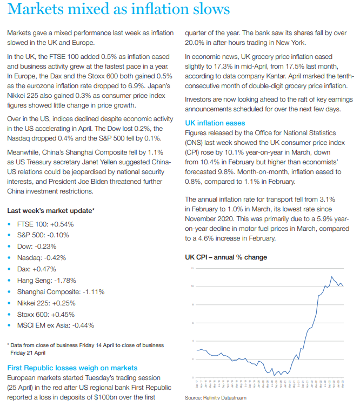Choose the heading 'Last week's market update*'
pyautogui.click(x=51, y=210)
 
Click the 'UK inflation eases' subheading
pyautogui.click(x=215, y=123)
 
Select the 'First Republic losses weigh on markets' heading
pyautogui.click(x=72, y=368)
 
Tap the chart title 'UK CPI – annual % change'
pyautogui.click(x=226, y=257)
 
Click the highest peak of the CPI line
pyautogui.click(x=331, y=277)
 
